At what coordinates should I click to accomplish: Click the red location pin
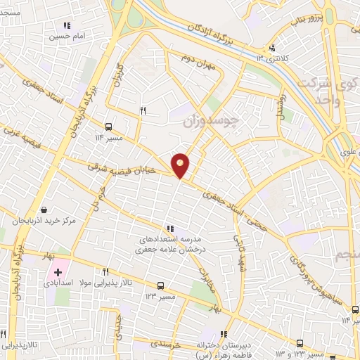(x=180, y=165)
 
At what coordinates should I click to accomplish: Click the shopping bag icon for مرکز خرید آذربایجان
(x=44, y=210)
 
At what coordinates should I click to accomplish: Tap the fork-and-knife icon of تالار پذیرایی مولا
(x=106, y=271)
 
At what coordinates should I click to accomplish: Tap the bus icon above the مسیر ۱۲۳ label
(x=161, y=285)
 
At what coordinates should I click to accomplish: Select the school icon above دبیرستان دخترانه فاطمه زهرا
(x=226, y=334)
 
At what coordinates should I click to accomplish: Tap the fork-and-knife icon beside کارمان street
(x=143, y=110)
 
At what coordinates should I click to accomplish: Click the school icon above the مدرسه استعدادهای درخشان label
(x=169, y=229)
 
